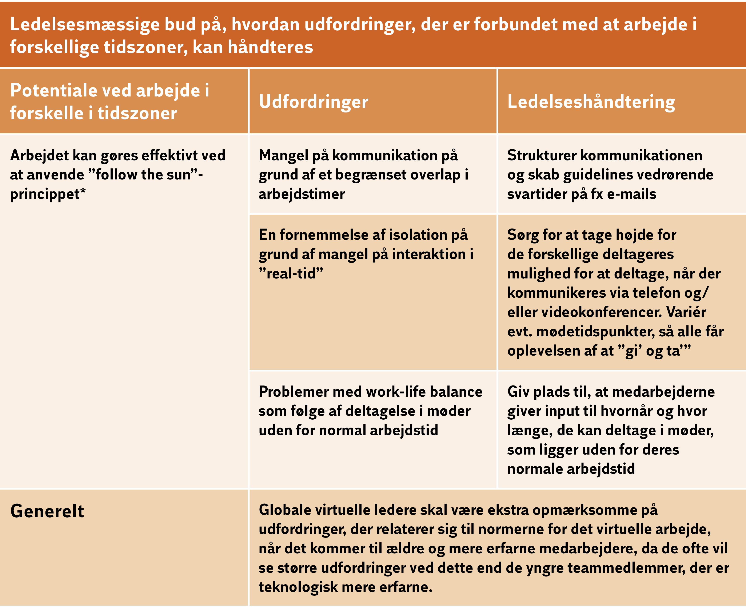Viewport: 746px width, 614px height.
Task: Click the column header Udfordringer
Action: (x=313, y=102)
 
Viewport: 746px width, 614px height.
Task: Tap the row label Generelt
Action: (x=47, y=511)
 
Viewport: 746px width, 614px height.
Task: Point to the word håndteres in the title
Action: (x=271, y=47)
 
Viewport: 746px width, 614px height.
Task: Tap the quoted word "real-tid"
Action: (x=291, y=273)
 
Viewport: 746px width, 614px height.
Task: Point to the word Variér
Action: (x=686, y=312)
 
